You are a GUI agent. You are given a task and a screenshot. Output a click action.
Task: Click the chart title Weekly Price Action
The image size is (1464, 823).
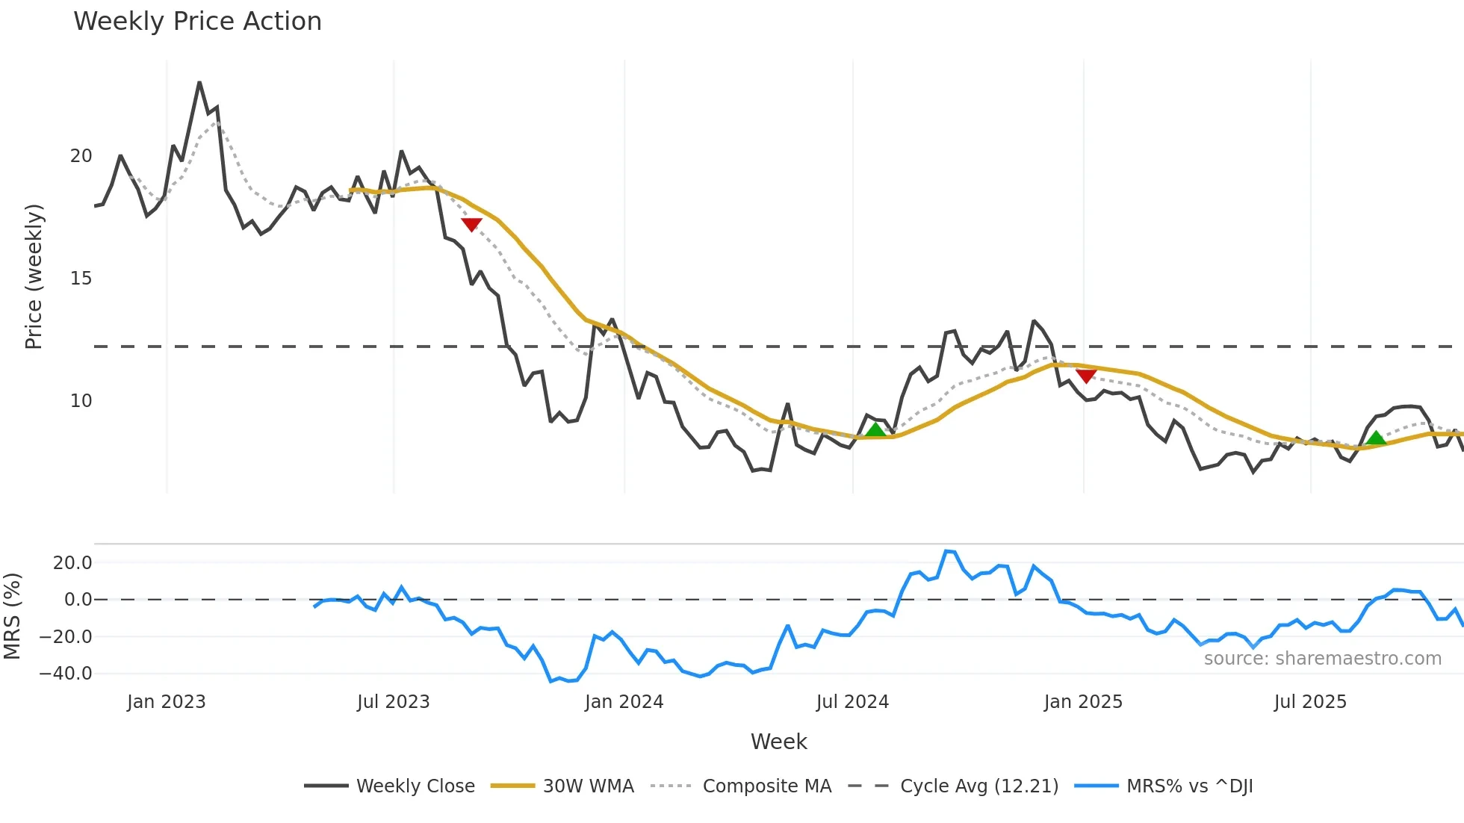coord(197,22)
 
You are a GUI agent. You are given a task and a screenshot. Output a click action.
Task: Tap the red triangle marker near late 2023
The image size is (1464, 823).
coord(471,224)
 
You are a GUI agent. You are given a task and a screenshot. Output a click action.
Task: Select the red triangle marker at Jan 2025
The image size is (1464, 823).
coord(1086,375)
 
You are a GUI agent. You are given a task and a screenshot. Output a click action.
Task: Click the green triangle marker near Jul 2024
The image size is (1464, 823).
coord(875,429)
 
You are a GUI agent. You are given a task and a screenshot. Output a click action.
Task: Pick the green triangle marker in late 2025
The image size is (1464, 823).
coord(1376,438)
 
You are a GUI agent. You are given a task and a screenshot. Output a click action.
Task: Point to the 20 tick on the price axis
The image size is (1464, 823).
coord(81,156)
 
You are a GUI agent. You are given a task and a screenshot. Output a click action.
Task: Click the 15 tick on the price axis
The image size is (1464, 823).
coord(81,279)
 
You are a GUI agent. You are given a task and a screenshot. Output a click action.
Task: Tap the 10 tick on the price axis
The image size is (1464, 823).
coord(81,401)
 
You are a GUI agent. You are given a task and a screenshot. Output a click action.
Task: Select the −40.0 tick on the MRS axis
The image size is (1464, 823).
coord(66,674)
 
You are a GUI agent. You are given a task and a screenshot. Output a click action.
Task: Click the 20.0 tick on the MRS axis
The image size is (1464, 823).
coord(72,563)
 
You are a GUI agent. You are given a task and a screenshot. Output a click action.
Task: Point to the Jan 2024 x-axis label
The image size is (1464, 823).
coord(624,702)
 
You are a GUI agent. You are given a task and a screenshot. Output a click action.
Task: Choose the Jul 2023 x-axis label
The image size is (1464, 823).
coord(393,702)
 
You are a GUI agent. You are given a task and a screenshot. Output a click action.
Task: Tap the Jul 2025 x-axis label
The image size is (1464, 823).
coord(1310,702)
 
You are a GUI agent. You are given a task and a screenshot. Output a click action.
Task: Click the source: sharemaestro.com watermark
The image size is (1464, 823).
coord(1322,659)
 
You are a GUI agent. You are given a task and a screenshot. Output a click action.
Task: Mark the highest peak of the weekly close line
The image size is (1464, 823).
coord(199,83)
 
